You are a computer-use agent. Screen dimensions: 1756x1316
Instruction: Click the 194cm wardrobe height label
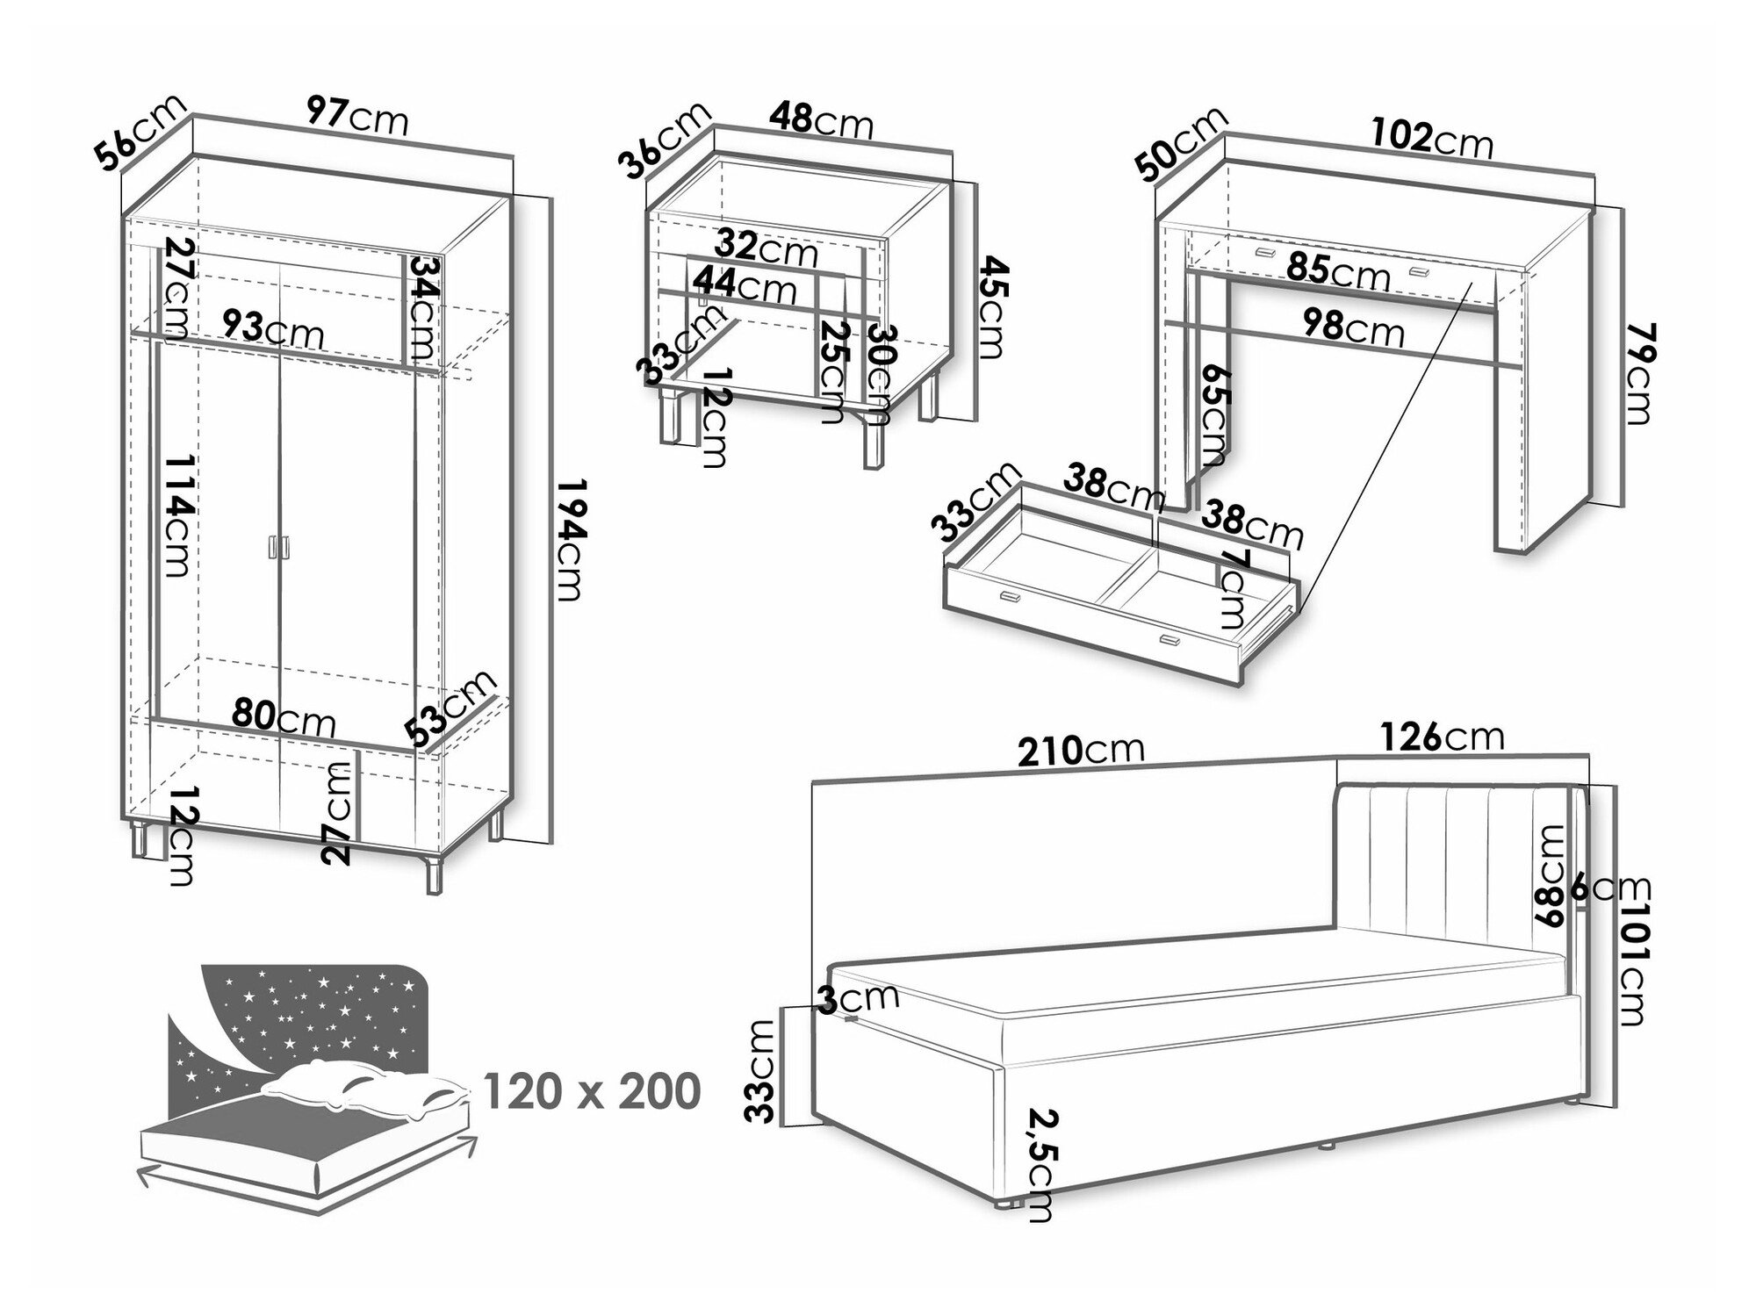click(x=568, y=540)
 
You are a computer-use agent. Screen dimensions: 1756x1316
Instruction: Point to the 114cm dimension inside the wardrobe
click(x=176, y=515)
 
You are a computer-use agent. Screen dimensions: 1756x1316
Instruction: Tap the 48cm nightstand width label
click(x=822, y=121)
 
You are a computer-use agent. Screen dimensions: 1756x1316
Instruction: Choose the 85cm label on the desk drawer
click(x=1339, y=270)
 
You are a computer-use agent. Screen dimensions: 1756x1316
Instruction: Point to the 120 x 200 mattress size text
click(x=592, y=1091)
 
